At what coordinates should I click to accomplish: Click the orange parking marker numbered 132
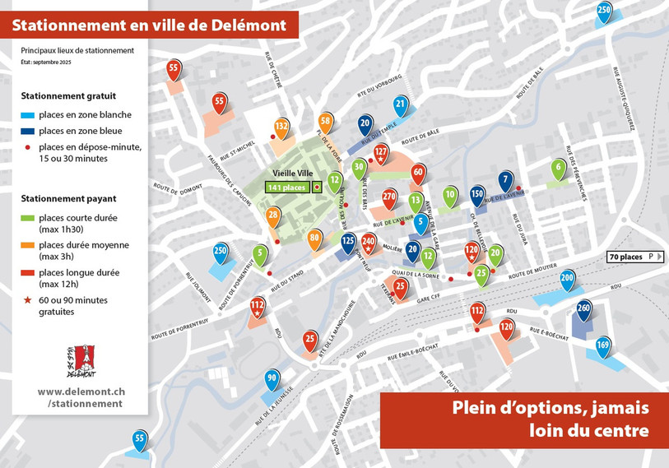coord(281,126)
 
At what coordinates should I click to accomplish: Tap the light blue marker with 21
coord(401,104)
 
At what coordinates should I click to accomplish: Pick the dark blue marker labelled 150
coord(477,192)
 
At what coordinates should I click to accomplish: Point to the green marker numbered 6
coord(559,166)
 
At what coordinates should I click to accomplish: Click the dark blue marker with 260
coord(584,309)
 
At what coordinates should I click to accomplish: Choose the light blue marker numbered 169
coord(603,344)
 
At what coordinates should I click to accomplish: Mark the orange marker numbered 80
coord(314,238)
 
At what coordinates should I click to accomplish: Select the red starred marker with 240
coord(369,242)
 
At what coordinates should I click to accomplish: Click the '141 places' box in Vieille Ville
coord(286,188)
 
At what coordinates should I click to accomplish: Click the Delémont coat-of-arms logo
coord(80,362)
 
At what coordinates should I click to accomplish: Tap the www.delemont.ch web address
coord(81,392)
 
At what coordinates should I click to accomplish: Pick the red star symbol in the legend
coord(28,300)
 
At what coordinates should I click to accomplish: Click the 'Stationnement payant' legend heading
coord(68,198)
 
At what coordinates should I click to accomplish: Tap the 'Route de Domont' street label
coord(178,191)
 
